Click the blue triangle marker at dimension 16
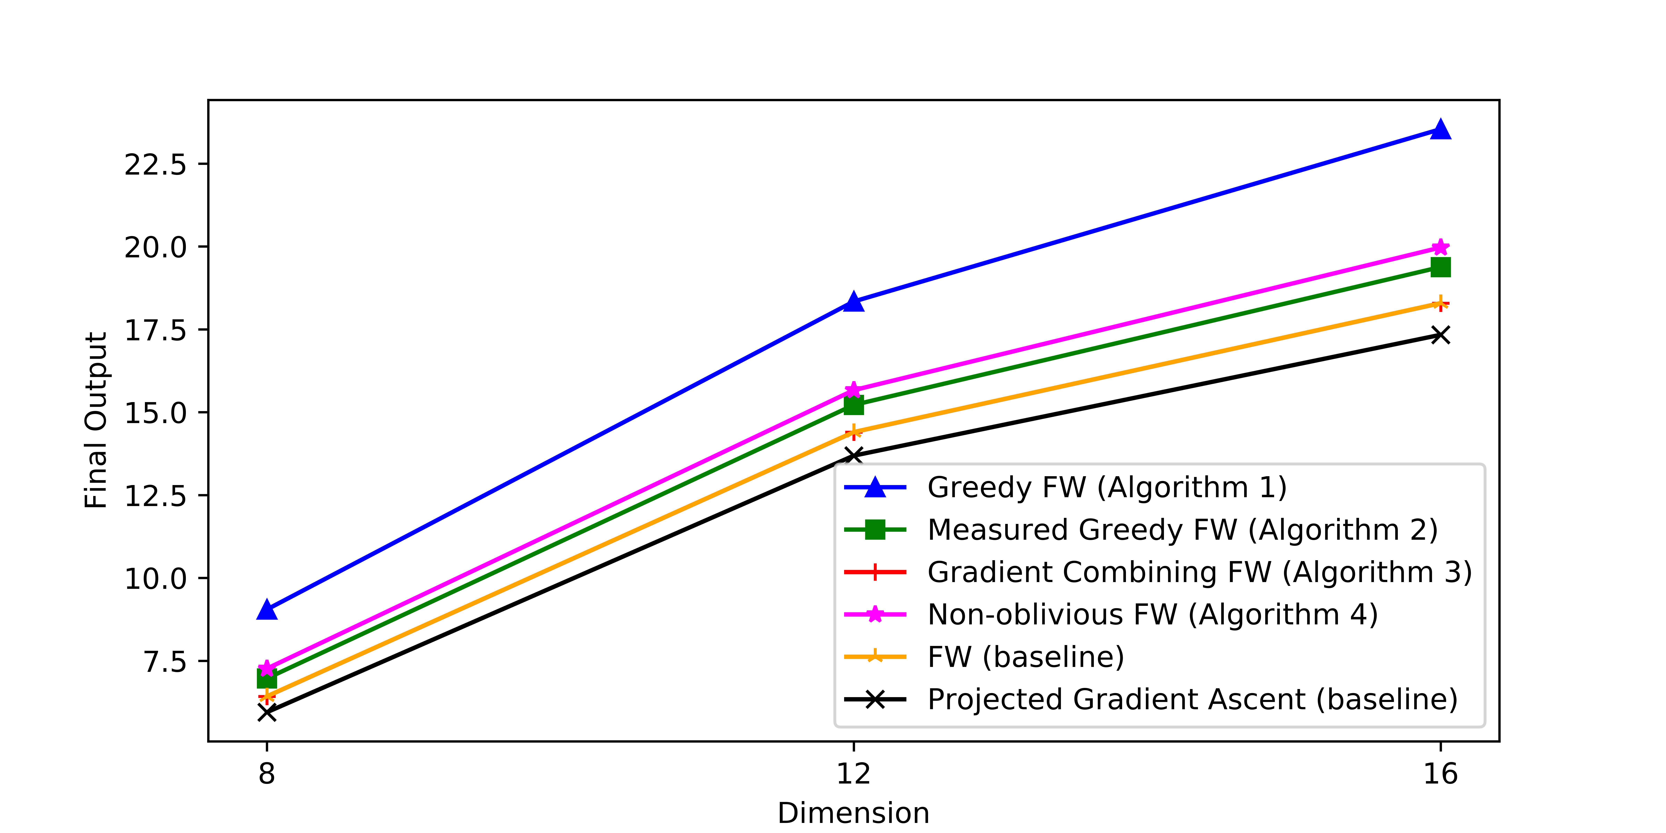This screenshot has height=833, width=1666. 1440,129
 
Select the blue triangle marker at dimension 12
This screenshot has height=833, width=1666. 854,302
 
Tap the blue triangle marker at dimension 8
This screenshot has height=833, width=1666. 266,610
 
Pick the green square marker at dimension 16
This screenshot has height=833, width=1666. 1440,267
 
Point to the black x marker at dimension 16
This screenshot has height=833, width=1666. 1440,335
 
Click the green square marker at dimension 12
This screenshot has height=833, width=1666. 854,406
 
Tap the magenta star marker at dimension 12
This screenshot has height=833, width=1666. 854,390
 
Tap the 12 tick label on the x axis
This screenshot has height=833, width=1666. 854,773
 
